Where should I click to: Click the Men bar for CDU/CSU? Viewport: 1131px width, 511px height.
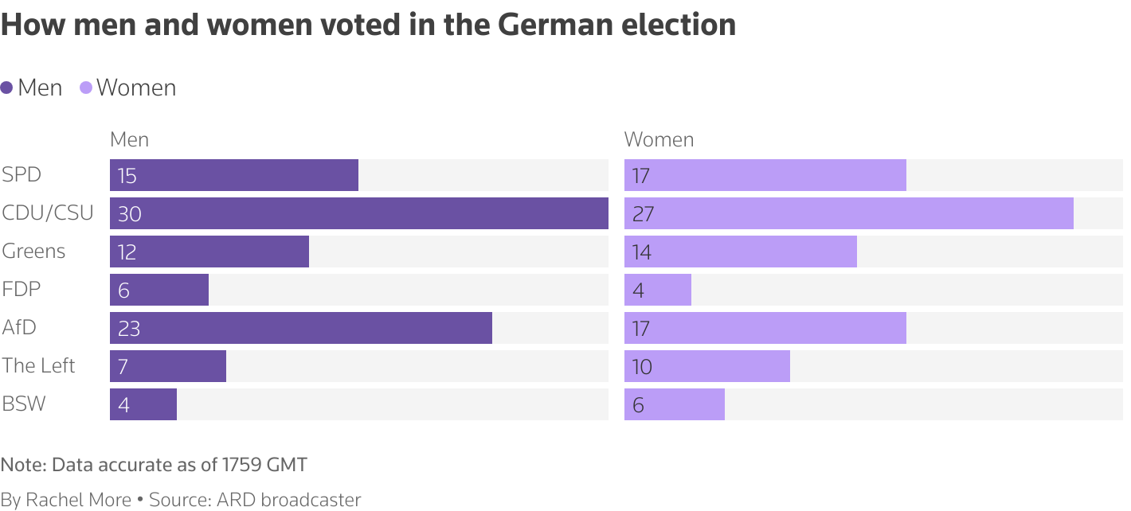(x=358, y=213)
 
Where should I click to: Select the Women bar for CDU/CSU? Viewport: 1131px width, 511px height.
(x=848, y=213)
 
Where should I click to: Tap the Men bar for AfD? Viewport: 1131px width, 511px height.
(x=301, y=328)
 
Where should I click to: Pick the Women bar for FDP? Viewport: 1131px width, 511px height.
(x=658, y=290)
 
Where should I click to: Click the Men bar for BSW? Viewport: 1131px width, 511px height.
(x=143, y=404)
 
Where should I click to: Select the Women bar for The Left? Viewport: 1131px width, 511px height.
(x=707, y=366)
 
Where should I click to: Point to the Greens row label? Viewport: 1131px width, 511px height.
(x=33, y=252)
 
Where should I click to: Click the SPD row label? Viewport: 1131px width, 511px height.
(x=22, y=175)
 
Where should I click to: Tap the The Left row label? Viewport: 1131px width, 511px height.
(x=38, y=366)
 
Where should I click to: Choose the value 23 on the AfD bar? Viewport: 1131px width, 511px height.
(x=128, y=329)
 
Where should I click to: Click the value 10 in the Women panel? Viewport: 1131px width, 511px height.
(x=641, y=367)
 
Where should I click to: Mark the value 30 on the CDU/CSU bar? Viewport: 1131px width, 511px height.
(x=129, y=214)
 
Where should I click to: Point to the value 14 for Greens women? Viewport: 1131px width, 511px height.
(x=641, y=252)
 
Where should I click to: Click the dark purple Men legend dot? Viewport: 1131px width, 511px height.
(x=7, y=88)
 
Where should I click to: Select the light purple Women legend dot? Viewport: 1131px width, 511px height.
(x=86, y=88)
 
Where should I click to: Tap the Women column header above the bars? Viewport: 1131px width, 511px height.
(x=659, y=140)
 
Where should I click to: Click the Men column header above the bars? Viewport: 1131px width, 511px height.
(x=129, y=140)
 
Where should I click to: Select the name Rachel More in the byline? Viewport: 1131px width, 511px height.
(x=78, y=500)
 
